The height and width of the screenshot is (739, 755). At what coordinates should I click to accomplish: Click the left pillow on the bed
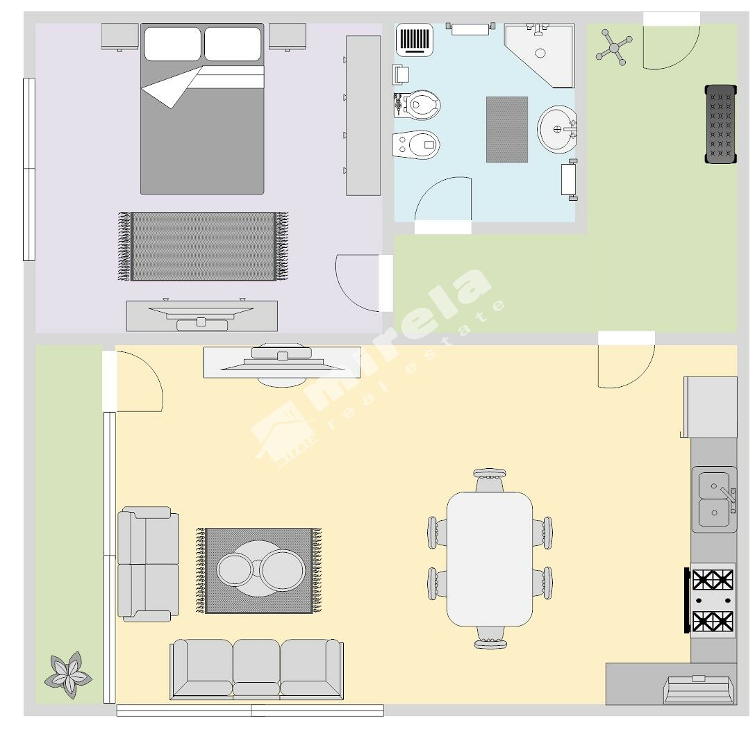[172, 44]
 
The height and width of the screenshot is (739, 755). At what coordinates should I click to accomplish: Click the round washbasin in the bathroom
[557, 129]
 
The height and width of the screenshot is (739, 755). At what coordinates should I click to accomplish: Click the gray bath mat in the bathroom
[506, 129]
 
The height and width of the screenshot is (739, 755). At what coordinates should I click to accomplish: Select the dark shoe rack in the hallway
[721, 124]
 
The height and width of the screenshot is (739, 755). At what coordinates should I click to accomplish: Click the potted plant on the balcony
[68, 674]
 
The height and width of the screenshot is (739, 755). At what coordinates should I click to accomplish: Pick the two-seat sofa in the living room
[149, 564]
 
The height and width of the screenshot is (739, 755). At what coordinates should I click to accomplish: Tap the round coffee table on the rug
[260, 569]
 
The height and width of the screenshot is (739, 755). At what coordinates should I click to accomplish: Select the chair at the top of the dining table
[490, 480]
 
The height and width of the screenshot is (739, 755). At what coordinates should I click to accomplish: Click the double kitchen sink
[715, 499]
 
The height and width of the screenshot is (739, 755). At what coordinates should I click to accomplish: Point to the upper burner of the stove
[713, 579]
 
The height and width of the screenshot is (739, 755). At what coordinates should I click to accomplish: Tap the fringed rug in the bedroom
[204, 246]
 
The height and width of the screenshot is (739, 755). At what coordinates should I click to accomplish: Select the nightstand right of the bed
[288, 37]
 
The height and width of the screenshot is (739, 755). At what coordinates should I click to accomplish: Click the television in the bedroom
[201, 315]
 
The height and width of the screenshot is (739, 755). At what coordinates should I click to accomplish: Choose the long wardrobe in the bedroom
[363, 115]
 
